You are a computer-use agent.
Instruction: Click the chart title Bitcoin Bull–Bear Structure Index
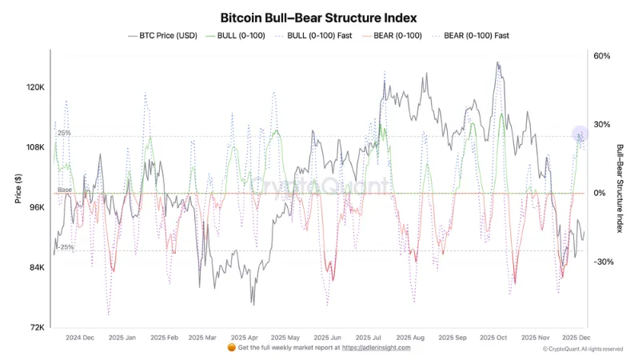pyautogui.click(x=318, y=17)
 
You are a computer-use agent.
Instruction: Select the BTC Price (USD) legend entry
pyautogui.click(x=163, y=35)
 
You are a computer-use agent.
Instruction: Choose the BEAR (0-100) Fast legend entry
pyautogui.click(x=472, y=35)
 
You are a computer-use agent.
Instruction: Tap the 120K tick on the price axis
pyautogui.click(x=35, y=87)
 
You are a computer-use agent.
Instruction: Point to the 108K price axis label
pyautogui.click(x=35, y=147)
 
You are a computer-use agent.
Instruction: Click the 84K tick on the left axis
pyautogui.click(x=37, y=267)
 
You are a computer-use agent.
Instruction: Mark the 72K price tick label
pyautogui.click(x=37, y=327)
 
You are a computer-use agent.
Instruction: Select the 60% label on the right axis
pyautogui.click(x=602, y=56)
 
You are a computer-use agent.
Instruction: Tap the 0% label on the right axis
pyautogui.click(x=600, y=193)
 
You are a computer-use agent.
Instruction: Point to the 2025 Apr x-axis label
pyautogui.click(x=242, y=338)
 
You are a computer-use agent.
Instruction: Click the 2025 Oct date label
pyautogui.click(x=491, y=338)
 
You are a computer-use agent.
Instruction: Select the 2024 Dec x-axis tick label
pyautogui.click(x=80, y=338)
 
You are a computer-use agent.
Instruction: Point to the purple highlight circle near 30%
pyautogui.click(x=580, y=136)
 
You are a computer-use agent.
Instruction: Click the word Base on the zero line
pyautogui.click(x=64, y=190)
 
